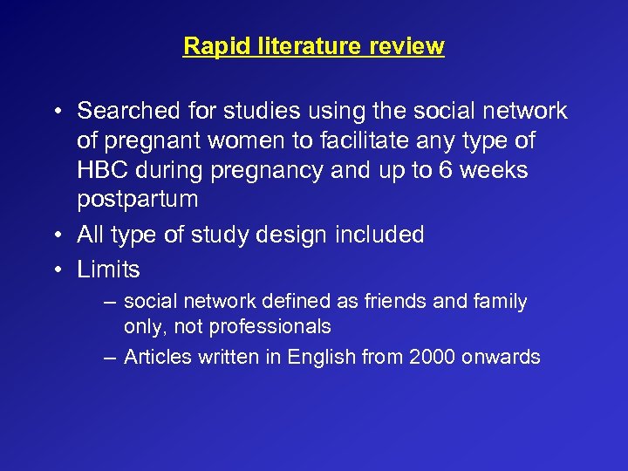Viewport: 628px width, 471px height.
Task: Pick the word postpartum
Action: pos(137,199)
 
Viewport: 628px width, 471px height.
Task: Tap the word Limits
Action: pos(108,270)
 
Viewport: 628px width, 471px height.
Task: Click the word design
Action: pos(294,235)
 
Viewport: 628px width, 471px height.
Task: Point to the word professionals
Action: pos(275,326)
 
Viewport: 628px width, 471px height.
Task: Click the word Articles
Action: pos(155,357)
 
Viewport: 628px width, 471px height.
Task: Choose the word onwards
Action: pos(503,357)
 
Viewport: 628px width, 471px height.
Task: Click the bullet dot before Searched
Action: pos(55,112)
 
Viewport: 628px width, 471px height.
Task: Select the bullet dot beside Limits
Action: pos(55,270)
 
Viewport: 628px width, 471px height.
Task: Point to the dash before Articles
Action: pos(106,357)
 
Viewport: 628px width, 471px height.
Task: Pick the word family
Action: pos(498,302)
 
